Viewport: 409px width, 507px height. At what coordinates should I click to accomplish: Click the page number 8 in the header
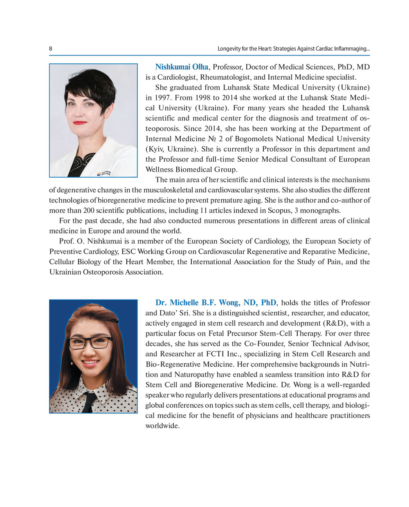pyautogui.click(x=51, y=49)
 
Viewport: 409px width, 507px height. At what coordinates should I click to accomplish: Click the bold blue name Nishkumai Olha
pyautogui.click(x=182, y=67)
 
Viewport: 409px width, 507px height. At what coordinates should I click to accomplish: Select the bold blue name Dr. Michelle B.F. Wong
pyautogui.click(x=216, y=303)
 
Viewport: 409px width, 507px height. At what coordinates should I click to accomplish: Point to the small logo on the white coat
pyautogui.click(x=104, y=173)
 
